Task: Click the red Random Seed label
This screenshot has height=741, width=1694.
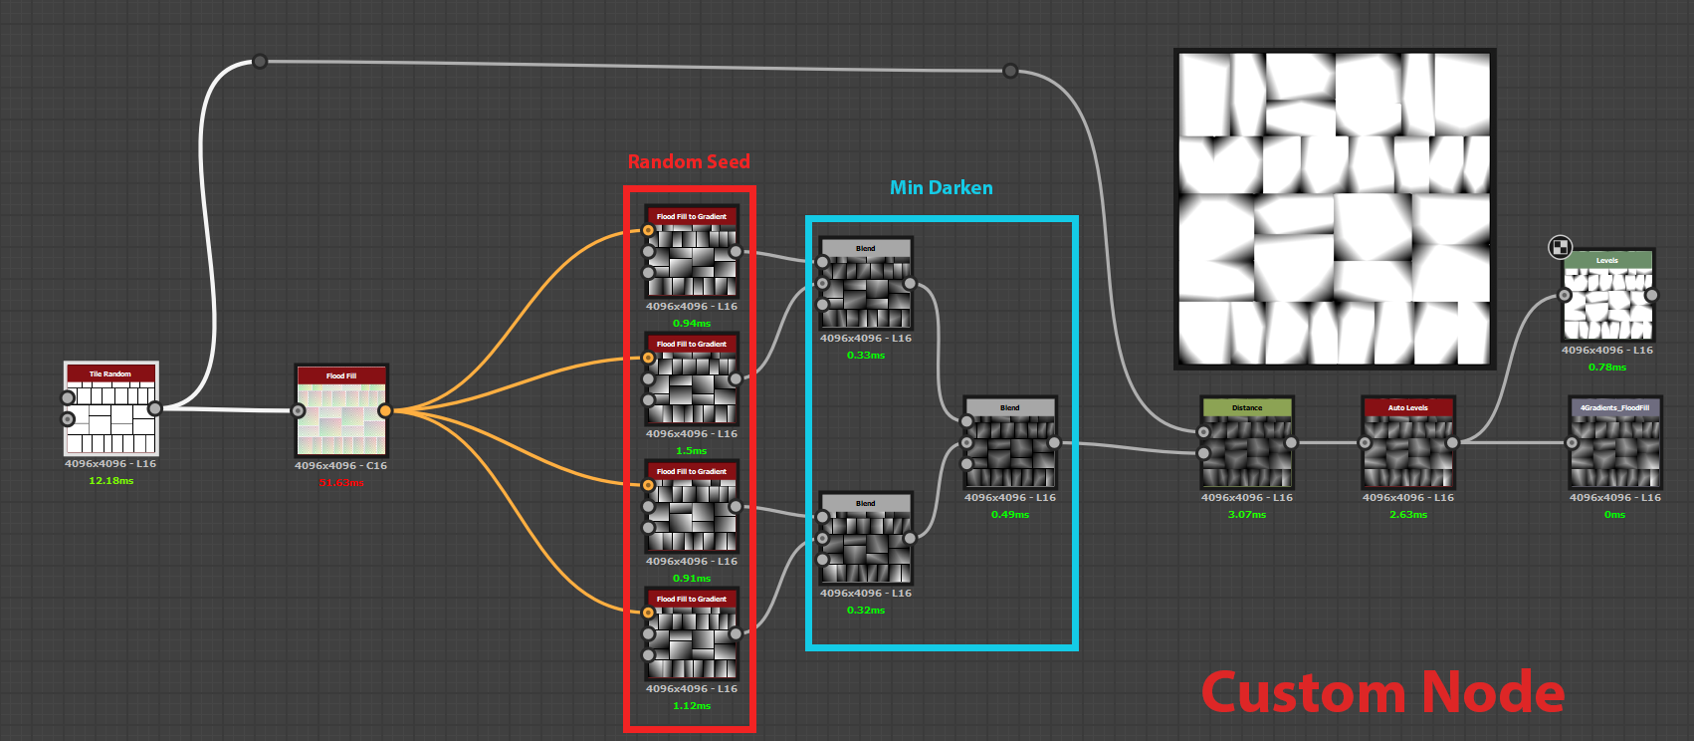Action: [x=689, y=162]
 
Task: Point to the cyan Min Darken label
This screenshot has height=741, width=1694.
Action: [x=941, y=188]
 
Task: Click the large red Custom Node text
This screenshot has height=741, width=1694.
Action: [x=1382, y=693]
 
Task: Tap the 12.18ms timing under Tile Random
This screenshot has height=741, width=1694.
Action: [x=110, y=481]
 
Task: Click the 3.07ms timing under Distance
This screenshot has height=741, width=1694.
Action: [x=1247, y=515]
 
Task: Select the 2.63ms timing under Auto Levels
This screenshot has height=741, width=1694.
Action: [x=1408, y=515]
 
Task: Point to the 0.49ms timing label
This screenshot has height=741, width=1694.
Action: [x=1010, y=515]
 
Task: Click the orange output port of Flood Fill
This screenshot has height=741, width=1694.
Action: [x=385, y=410]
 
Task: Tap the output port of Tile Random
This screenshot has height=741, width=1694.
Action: [x=155, y=408]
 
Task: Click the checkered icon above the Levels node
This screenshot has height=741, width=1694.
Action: [x=1561, y=247]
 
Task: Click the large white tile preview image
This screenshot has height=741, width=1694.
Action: [x=1335, y=209]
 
